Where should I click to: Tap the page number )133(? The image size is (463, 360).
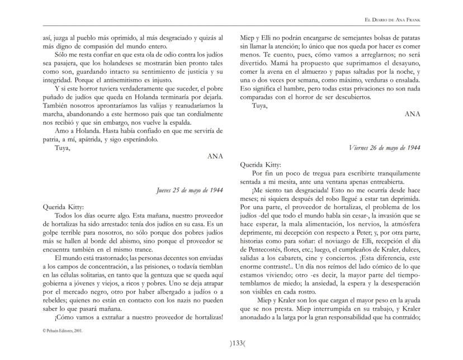click(232, 343)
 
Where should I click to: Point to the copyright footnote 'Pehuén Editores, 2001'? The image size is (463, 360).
click(63, 331)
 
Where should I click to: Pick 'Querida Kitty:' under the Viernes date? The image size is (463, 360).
click(261, 165)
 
